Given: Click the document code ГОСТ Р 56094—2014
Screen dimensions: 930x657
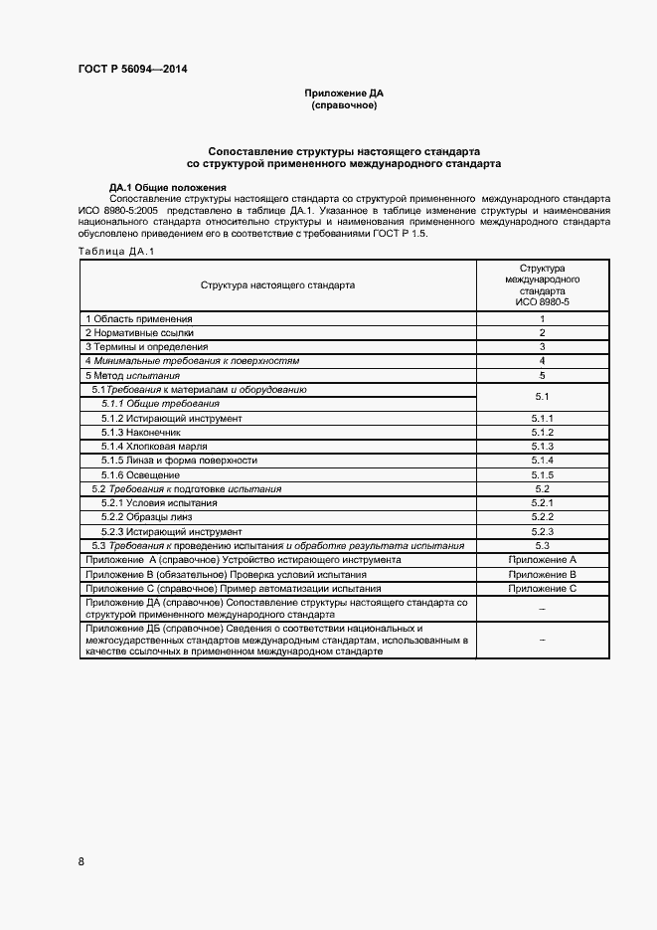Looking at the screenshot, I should [132, 69].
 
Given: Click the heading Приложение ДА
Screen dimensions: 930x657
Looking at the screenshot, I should [344, 93].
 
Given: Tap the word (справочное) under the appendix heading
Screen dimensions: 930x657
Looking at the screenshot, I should [344, 104].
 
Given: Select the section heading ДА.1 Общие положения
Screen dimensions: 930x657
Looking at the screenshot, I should [168, 187].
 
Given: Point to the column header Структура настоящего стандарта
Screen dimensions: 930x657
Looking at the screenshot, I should [277, 284].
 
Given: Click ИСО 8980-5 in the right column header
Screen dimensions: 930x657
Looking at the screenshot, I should [542, 301].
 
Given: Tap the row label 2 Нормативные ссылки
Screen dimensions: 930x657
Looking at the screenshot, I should [139, 332].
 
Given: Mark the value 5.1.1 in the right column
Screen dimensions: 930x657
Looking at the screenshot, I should [542, 419].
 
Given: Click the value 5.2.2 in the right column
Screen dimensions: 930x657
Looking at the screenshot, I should [542, 517].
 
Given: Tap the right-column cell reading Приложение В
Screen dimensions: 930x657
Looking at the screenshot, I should [542, 575].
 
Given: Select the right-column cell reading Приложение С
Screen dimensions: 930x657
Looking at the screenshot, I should [542, 589].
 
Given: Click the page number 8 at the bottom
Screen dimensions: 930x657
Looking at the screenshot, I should [82, 860].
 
